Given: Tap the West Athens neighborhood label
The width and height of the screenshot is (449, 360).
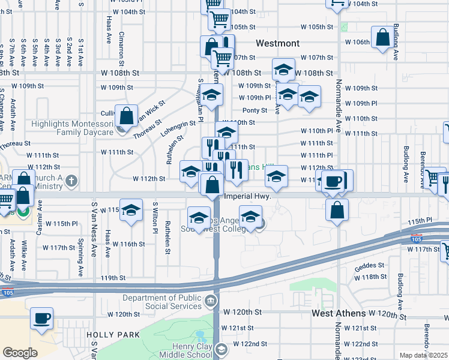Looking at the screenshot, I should point(339,314).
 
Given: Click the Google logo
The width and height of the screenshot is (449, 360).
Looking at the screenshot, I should point(19,353).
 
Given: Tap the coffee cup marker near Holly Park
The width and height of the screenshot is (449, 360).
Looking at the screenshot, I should point(41,319).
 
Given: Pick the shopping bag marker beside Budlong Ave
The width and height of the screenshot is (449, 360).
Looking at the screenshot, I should point(382,37).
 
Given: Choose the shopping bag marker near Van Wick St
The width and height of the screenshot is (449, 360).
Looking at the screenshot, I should point(127,115).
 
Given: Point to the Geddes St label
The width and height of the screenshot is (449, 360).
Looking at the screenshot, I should point(369,265).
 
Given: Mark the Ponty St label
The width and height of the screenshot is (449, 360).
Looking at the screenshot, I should point(255,110).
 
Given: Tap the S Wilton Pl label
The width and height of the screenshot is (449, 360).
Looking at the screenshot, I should point(155,218).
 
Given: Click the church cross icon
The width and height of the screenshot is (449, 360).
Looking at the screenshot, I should point(71,181).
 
